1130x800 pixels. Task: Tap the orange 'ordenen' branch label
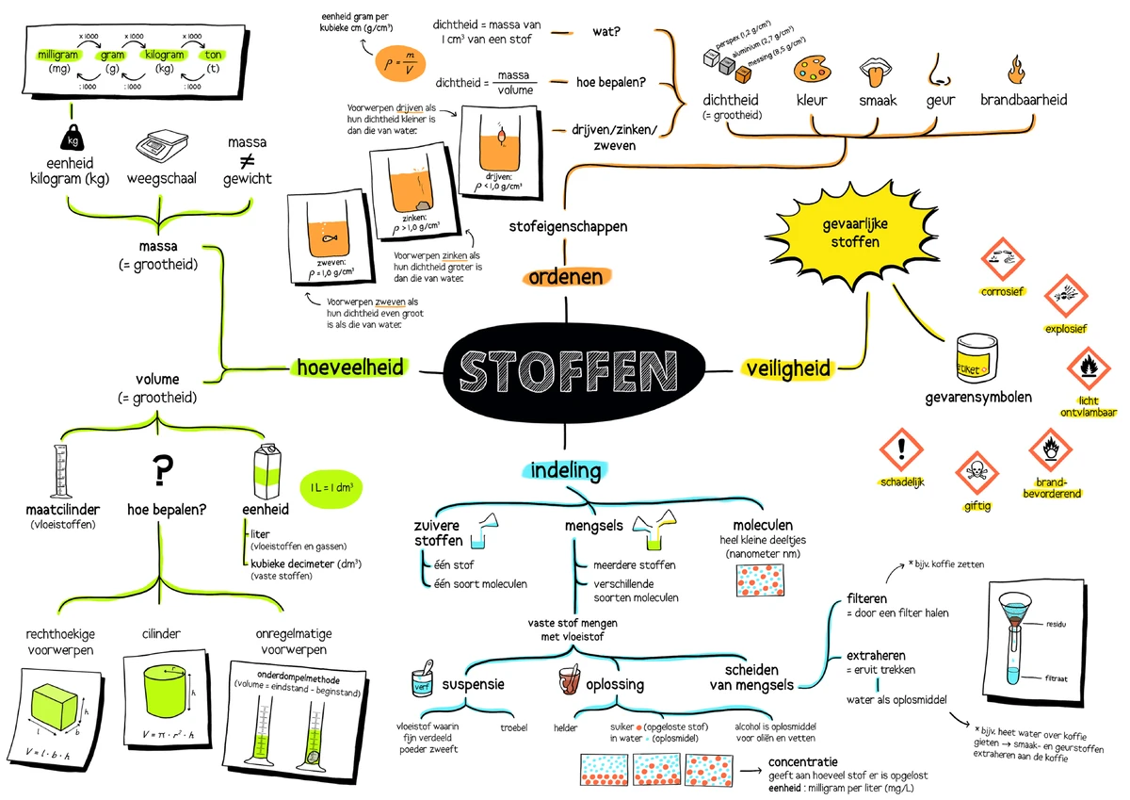pos(565,278)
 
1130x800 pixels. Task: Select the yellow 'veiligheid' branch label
pos(787,368)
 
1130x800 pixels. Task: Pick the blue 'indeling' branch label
pos(566,468)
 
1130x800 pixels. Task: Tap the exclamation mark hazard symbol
pos(902,446)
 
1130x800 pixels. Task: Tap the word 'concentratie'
pos(803,761)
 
